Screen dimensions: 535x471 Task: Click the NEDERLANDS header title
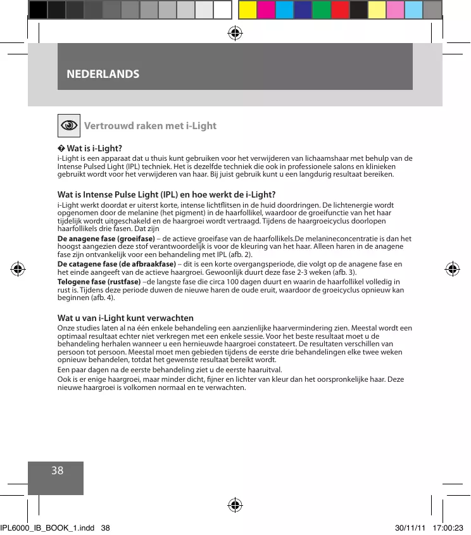[x=103, y=74]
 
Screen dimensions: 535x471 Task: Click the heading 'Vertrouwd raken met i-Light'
[x=150, y=125]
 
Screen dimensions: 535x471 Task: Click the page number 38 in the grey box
[x=57, y=470]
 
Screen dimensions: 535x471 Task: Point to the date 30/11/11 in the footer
[x=405, y=527]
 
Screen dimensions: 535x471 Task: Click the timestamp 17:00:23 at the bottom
[x=449, y=527]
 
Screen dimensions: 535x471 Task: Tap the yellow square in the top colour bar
[x=248, y=9]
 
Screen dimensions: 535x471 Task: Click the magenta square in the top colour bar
[x=266, y=9]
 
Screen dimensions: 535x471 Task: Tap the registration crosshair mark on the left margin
[x=18, y=268]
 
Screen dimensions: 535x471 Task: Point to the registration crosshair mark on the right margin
[x=452, y=268]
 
